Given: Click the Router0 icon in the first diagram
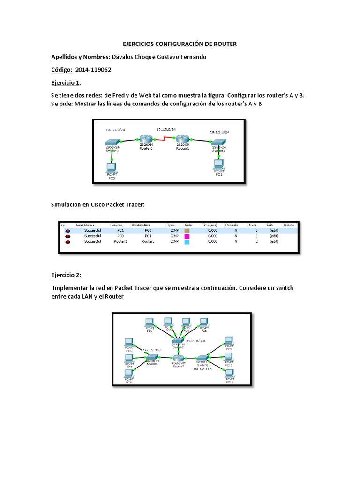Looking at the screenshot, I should click(145, 139).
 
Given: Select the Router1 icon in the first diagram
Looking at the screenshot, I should click(182, 139).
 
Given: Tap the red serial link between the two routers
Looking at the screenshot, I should click(164, 139).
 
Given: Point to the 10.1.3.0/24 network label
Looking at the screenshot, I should click(166, 129).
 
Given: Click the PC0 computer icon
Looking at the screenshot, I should click(111, 166).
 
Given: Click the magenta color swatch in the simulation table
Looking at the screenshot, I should click(187, 236).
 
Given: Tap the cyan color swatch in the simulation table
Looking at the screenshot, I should click(187, 242).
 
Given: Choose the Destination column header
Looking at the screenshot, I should click(141, 225).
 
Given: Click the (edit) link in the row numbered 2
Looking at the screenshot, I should click(274, 242).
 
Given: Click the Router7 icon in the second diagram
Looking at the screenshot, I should click(179, 357).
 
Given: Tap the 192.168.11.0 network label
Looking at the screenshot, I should click(202, 369).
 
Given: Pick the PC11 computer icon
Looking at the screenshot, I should click(229, 374).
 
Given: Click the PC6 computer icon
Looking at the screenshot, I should click(128, 343).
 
